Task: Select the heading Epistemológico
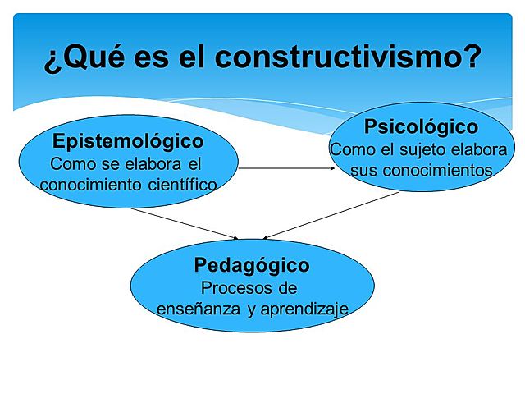click(128, 140)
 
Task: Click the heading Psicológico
click(421, 127)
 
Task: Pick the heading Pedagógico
click(252, 265)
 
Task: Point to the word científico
click(177, 184)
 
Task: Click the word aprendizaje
click(301, 309)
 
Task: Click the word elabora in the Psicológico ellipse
click(482, 150)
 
